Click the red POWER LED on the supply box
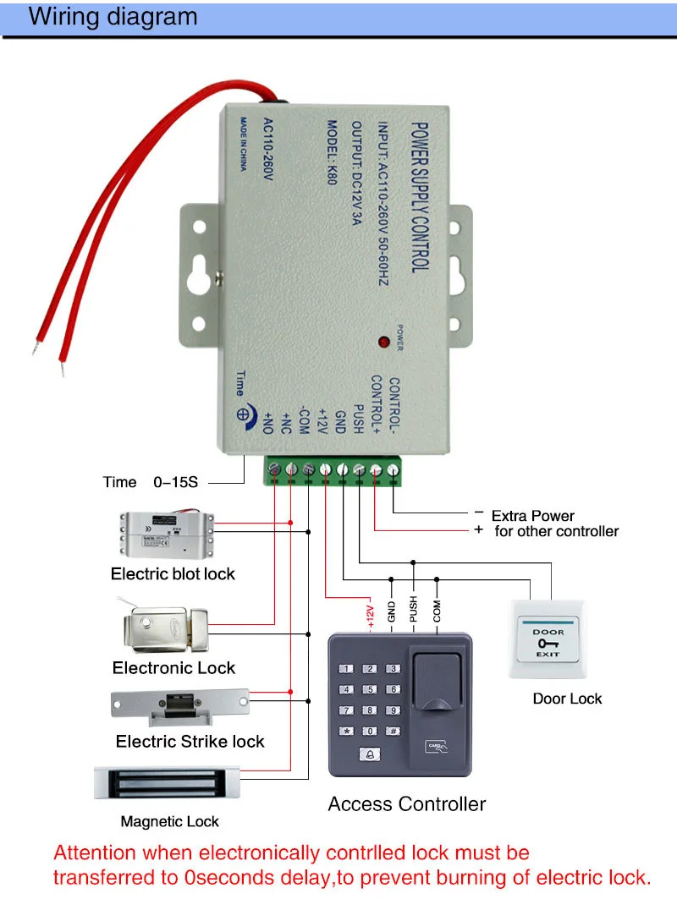tap(383, 343)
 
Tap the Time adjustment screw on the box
tap(242, 415)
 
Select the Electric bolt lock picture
tap(166, 534)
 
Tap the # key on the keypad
tap(393, 731)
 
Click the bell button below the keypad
tap(369, 754)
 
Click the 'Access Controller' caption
tap(407, 804)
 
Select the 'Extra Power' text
tap(532, 515)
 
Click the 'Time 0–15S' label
tap(151, 482)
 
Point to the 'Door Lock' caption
tap(567, 699)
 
